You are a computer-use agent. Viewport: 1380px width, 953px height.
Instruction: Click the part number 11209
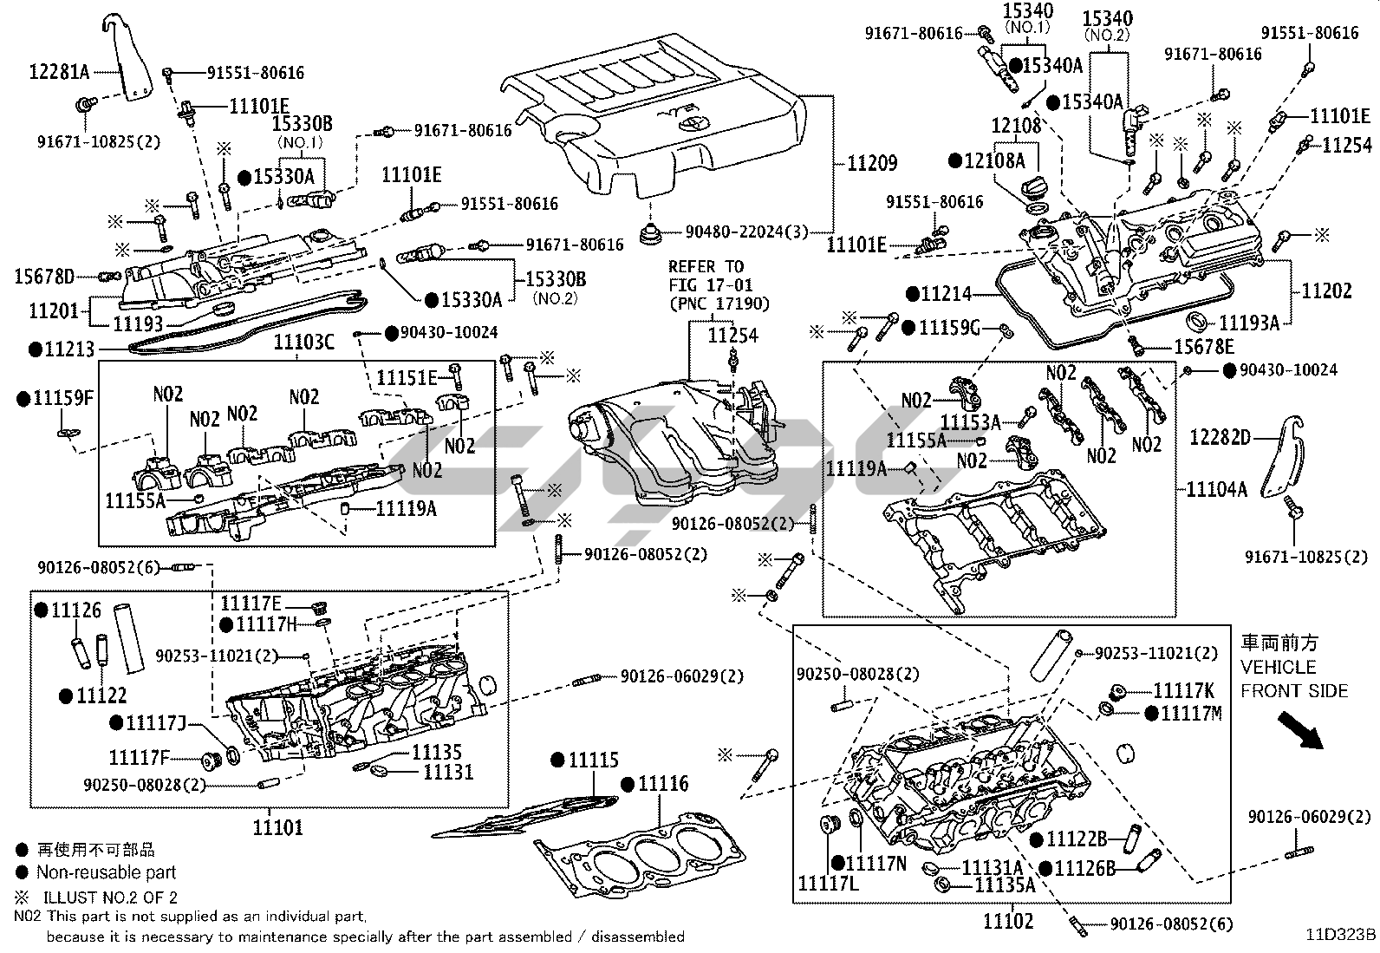[x=871, y=163]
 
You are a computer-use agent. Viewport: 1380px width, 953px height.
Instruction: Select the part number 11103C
[x=303, y=343]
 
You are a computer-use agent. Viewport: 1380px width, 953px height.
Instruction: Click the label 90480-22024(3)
[x=746, y=232]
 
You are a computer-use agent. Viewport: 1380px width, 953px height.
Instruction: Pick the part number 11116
[x=663, y=784]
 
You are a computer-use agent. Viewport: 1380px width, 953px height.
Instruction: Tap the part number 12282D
[x=1220, y=437]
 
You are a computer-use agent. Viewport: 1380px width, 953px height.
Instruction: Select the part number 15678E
[x=1203, y=347]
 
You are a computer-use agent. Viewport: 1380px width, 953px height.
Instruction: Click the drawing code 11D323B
[x=1341, y=935]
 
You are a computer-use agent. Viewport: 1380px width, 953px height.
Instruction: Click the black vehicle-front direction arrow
[x=1303, y=731]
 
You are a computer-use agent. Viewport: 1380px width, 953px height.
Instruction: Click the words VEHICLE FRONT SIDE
[x=1294, y=679]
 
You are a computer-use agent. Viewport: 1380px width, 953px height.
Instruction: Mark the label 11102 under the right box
[x=1008, y=921]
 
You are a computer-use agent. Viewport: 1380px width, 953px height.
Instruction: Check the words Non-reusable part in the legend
[x=106, y=872]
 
